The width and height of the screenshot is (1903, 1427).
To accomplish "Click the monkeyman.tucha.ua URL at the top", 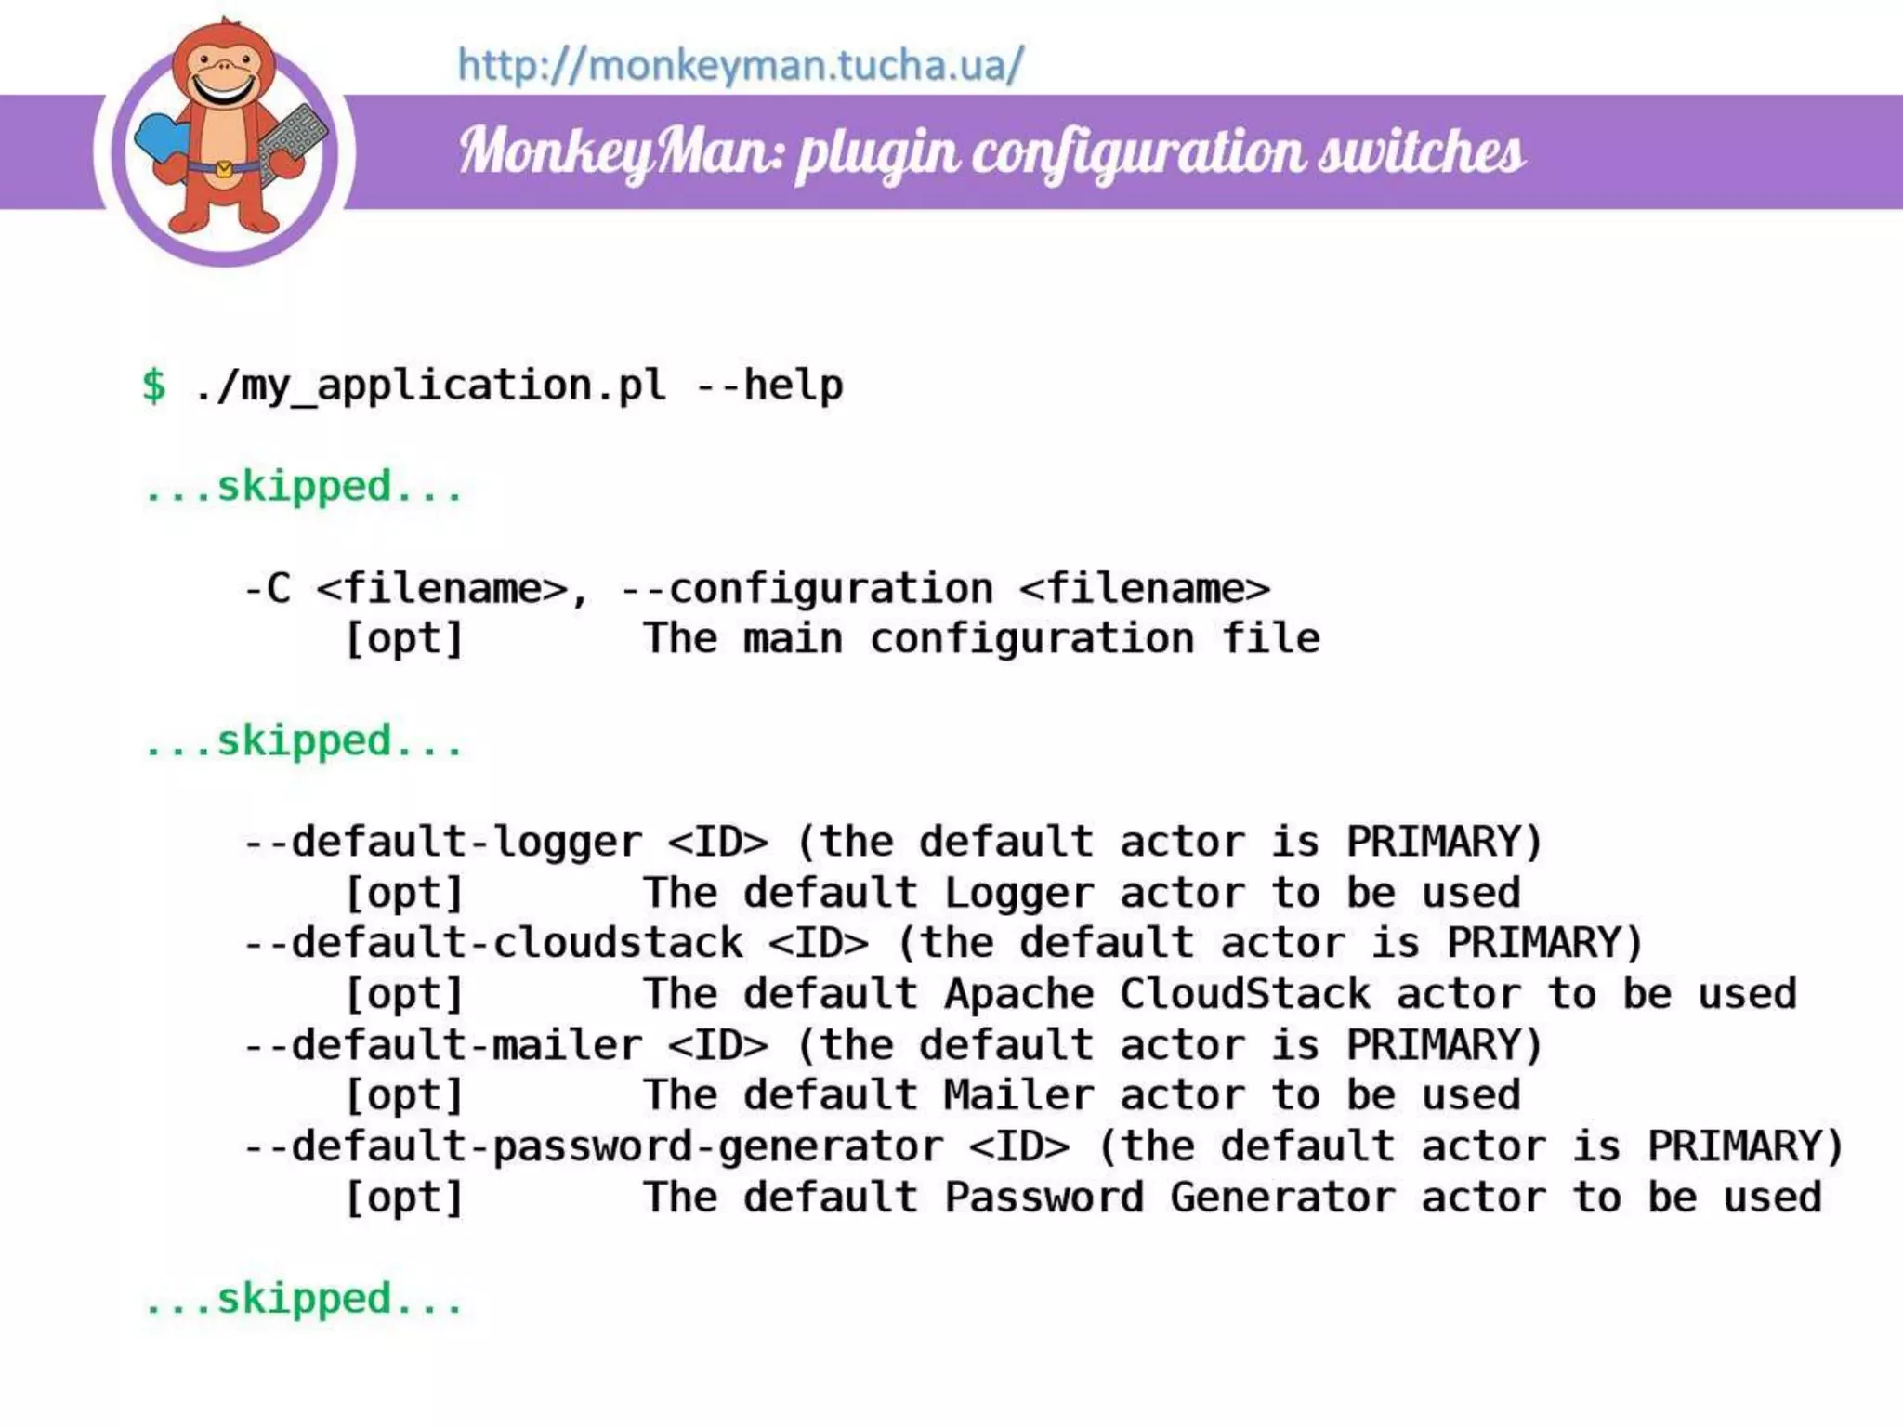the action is pos(741,66).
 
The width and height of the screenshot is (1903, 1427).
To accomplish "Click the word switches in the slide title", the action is pos(1421,151).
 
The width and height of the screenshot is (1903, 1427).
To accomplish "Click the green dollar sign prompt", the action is pos(154,386).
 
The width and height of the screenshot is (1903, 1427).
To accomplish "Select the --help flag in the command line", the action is pos(769,386).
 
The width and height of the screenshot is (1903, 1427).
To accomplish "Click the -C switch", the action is pos(267,589).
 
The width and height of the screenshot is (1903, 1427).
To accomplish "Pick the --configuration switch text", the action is pos(807,589).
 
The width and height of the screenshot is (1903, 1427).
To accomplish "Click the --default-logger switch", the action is pos(442,843).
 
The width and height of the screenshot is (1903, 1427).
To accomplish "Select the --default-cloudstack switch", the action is pos(492,944).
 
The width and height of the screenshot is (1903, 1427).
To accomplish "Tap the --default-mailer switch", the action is pos(442,1045).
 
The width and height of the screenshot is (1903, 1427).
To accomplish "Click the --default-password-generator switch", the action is pos(593,1146).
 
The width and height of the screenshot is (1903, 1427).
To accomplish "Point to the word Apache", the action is pos(1018,994).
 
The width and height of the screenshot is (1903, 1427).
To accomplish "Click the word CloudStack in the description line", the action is pos(1244,994).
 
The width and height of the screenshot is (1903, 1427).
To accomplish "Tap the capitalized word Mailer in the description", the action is pos(1018,1095).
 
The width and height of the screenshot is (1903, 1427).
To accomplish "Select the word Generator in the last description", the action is pos(1282,1198).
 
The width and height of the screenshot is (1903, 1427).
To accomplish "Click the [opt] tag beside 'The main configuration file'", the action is pos(404,639).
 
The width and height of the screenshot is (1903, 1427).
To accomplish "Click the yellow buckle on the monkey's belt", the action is pos(224,169).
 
